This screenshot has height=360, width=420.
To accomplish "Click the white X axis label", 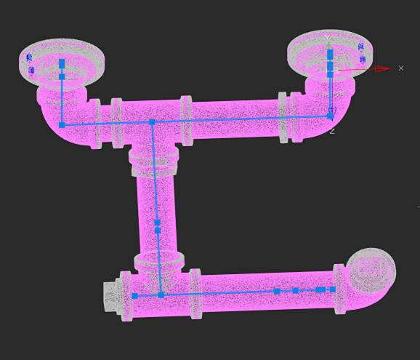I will pyautogui.click(x=401, y=68).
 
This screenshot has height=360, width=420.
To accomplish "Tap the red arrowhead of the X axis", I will pyautogui.click(x=382, y=69).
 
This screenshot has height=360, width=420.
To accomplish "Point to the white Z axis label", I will pyautogui.click(x=332, y=132).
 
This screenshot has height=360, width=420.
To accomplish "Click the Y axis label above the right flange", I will pyautogui.click(x=328, y=37).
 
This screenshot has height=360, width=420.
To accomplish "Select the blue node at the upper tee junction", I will pyautogui.click(x=152, y=122).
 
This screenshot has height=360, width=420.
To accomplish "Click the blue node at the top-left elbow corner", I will pyautogui.click(x=62, y=125).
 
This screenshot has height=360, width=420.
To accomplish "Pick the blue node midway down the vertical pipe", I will pyautogui.click(x=157, y=223).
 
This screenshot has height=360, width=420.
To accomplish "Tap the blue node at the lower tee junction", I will pyautogui.click(x=161, y=295).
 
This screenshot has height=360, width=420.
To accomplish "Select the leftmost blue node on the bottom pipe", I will pyautogui.click(x=134, y=296).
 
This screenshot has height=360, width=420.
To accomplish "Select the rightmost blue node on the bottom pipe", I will pyautogui.click(x=333, y=289).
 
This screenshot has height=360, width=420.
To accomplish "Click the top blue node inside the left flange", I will pyautogui.click(x=62, y=63).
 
